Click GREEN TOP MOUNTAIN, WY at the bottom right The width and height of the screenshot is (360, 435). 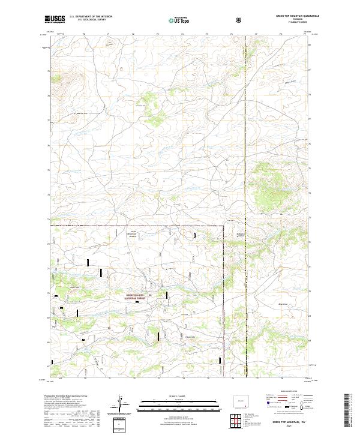pyautogui.click(x=289, y=423)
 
